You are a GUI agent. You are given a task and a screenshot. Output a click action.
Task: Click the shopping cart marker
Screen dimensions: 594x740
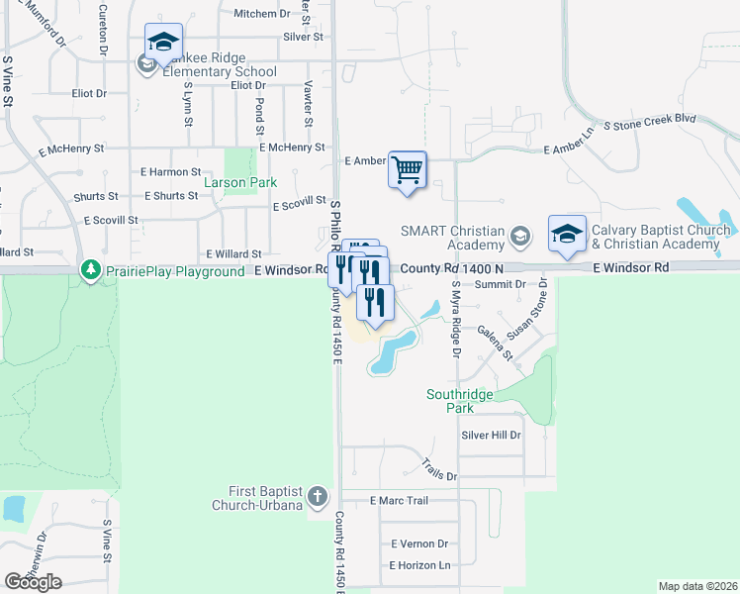[x=407, y=169]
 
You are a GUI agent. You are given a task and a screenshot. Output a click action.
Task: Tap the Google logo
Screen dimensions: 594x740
[x=33, y=582]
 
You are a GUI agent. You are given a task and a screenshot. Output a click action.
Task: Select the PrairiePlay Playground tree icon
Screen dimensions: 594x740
[x=91, y=270]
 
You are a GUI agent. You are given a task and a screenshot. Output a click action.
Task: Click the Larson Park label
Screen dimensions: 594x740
[x=240, y=183]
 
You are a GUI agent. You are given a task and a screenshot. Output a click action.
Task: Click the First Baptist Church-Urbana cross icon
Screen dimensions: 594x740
[x=318, y=496]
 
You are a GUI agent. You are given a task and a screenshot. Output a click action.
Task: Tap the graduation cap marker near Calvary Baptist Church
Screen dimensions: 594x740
[x=567, y=234]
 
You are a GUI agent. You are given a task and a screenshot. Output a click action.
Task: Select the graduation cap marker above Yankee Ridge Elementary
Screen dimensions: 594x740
[x=163, y=42]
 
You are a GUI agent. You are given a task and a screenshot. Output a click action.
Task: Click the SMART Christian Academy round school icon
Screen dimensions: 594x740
[x=520, y=237]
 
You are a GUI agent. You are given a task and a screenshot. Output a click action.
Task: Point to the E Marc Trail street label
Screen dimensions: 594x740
[x=399, y=501]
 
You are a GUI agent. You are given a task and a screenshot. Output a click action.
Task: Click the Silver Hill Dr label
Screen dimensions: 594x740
[x=491, y=436]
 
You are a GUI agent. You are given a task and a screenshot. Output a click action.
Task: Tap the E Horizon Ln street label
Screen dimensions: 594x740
[x=419, y=565]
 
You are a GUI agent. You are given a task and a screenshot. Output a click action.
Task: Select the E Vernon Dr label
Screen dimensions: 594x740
[x=419, y=544]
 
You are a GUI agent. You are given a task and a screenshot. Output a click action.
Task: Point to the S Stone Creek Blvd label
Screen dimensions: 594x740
[x=654, y=119]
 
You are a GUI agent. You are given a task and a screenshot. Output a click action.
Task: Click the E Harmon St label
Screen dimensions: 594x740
[x=171, y=172]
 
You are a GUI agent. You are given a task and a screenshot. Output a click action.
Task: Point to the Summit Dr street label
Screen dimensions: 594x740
[x=499, y=285]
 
